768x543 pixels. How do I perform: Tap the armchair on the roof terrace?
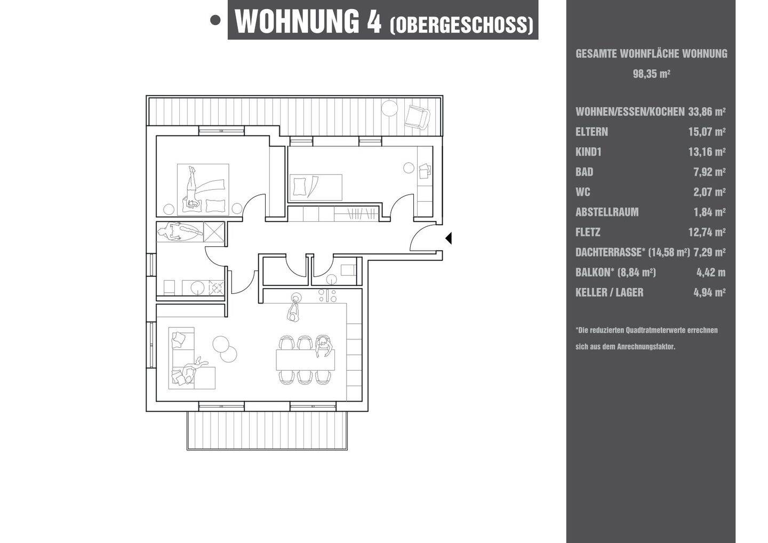pyautogui.click(x=417, y=117)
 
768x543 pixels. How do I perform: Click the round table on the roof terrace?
pyautogui.click(x=389, y=108)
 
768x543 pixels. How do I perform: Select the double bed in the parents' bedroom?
pyautogui.click(x=203, y=189)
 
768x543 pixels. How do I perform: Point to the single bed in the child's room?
pyautogui.click(x=316, y=188)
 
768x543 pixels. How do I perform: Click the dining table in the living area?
pyautogui.click(x=306, y=360)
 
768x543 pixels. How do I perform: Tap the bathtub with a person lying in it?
pyautogui.click(x=180, y=231)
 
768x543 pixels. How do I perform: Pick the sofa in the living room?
pyautogui.click(x=191, y=358)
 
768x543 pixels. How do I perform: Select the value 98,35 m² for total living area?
pyautogui.click(x=651, y=74)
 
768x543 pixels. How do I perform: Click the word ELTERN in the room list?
pyautogui.click(x=592, y=132)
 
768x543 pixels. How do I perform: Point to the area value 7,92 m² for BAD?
pyautogui.click(x=709, y=172)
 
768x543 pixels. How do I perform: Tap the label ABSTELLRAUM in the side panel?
pyautogui.click(x=607, y=212)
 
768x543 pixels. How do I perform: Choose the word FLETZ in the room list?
pyautogui.click(x=588, y=232)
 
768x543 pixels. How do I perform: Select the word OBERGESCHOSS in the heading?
pyautogui.click(x=462, y=25)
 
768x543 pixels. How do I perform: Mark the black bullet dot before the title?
pyautogui.click(x=215, y=20)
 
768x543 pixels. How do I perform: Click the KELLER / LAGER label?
pyautogui.click(x=610, y=292)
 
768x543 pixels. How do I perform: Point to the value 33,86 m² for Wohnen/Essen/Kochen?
pyautogui.click(x=707, y=112)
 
